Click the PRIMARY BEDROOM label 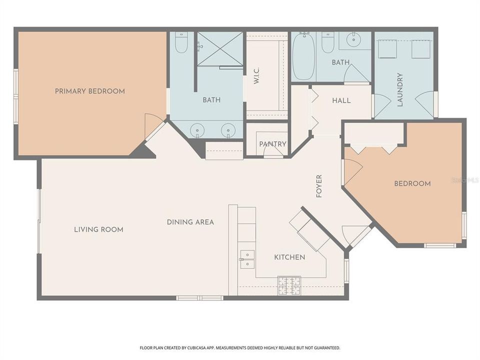pyautogui.click(x=90, y=91)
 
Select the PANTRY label pyautogui.click(x=272, y=144)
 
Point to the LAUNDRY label pyautogui.click(x=400, y=90)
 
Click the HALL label pyautogui.click(x=341, y=100)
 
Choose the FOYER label pyautogui.click(x=319, y=186)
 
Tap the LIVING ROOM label pyautogui.click(x=98, y=229)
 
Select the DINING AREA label pyautogui.click(x=190, y=222)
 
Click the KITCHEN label pyautogui.click(x=289, y=257)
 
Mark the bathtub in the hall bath pyautogui.click(x=303, y=57)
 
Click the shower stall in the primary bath pyautogui.click(x=219, y=49)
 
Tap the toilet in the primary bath pyautogui.click(x=181, y=43)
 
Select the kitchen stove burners pyautogui.click(x=289, y=285)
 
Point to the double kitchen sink pyautogui.click(x=247, y=259)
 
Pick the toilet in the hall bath pyautogui.click(x=327, y=43)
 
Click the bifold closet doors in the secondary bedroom pyautogui.click(x=374, y=148)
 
